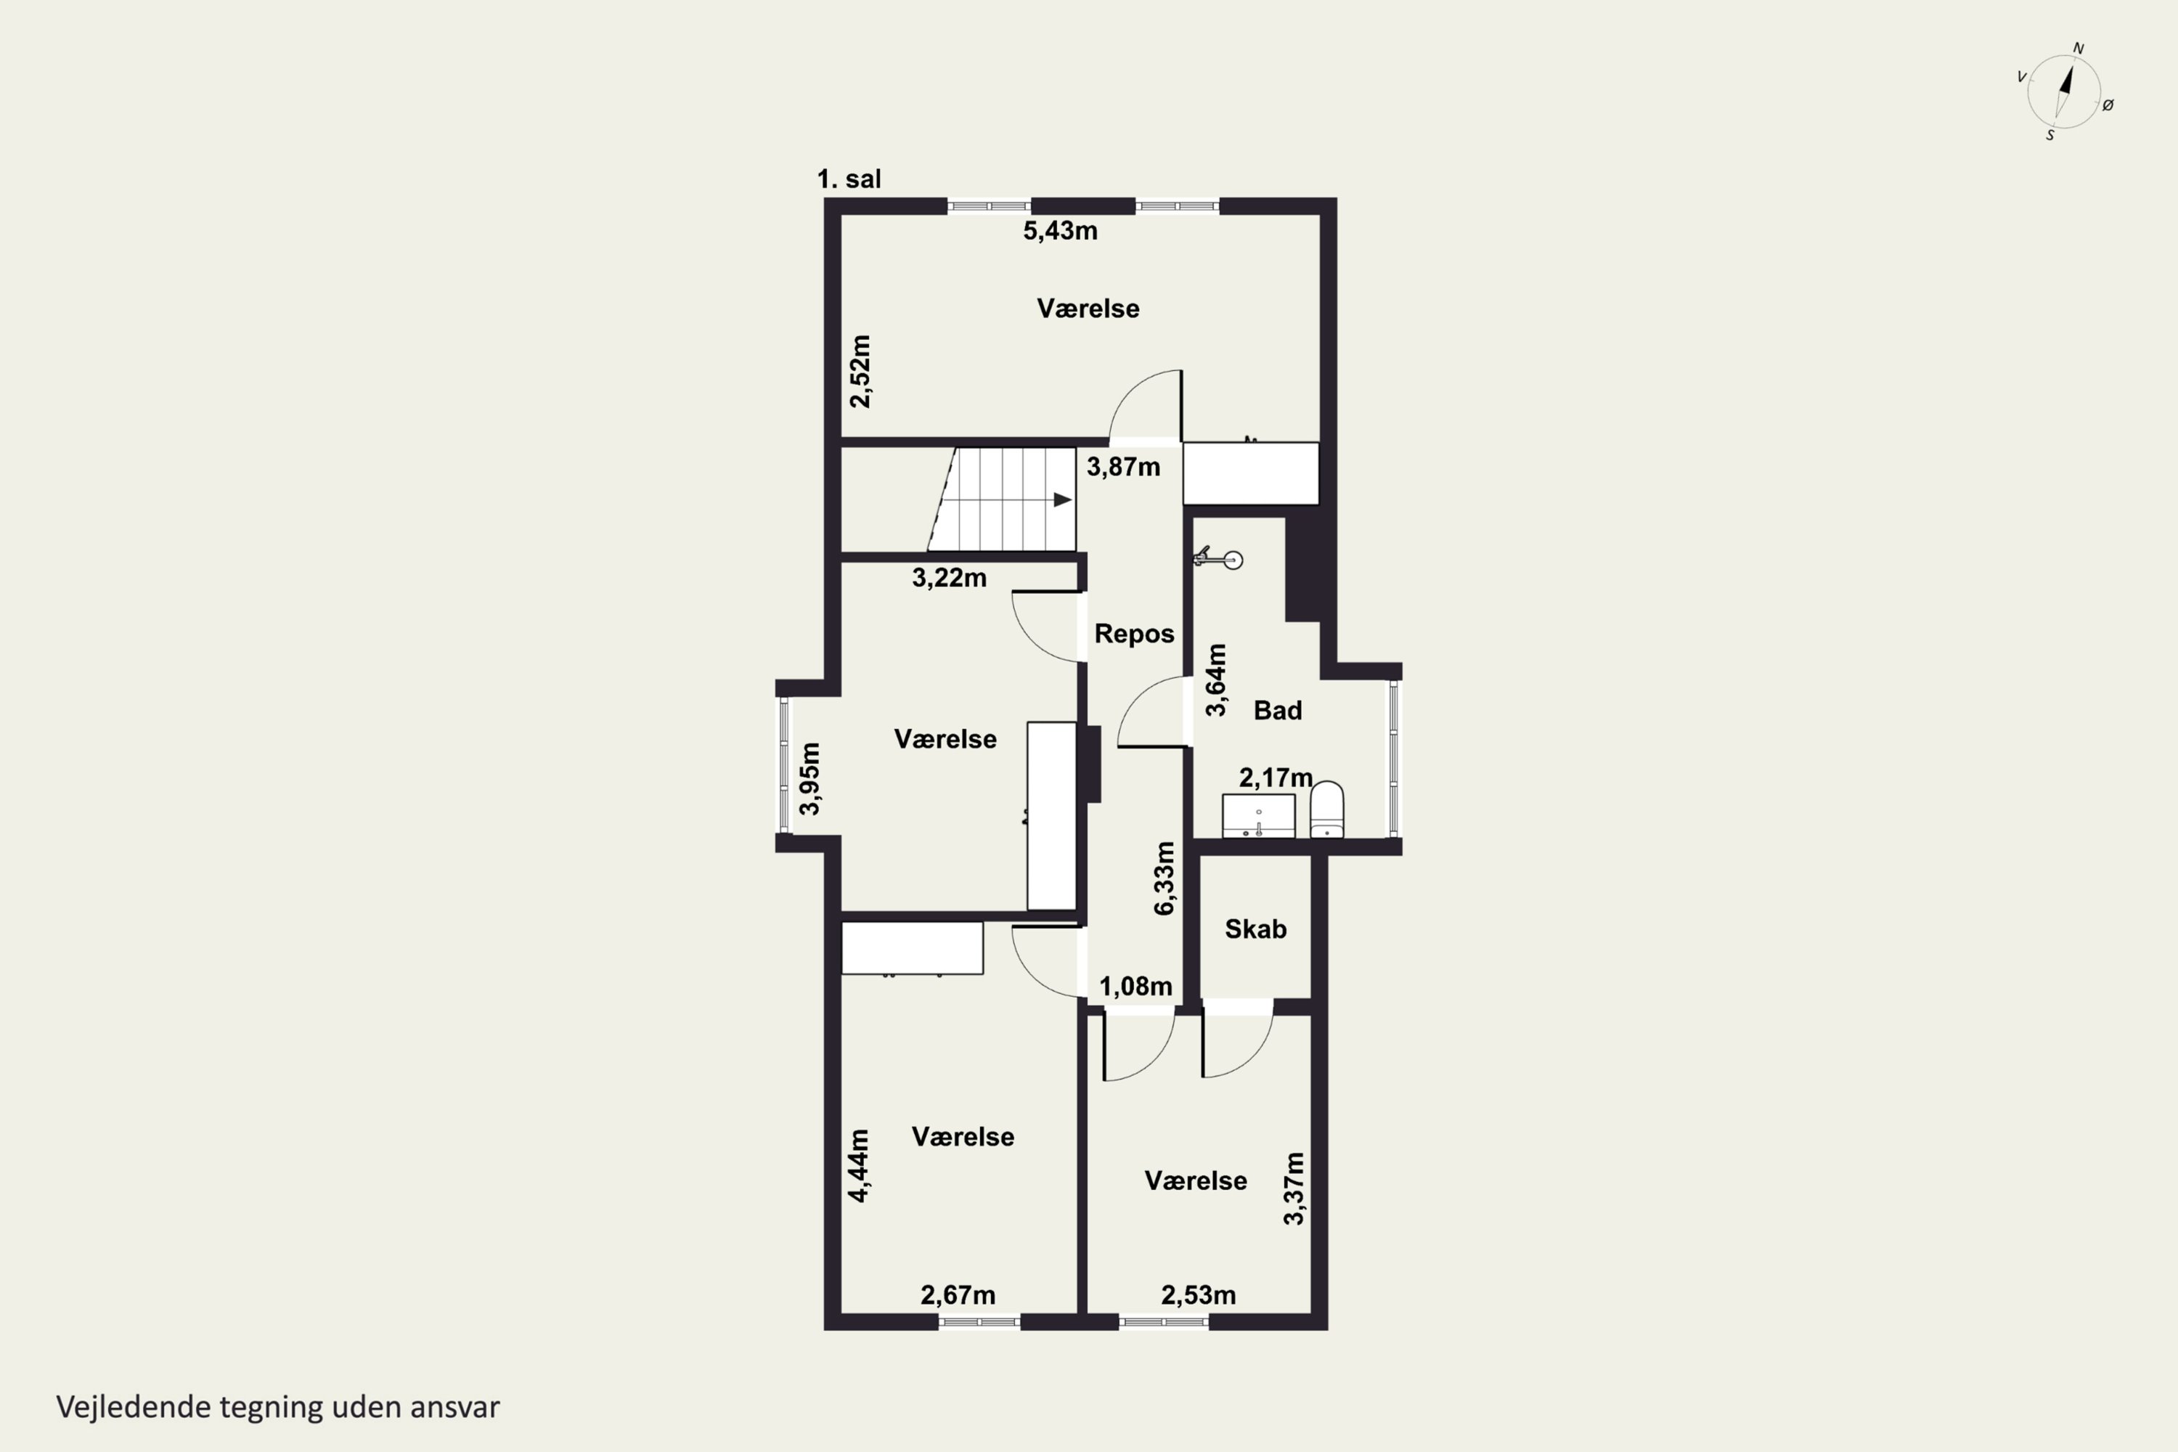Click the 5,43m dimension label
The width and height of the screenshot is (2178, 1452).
point(1060,231)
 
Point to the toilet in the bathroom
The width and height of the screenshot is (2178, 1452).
point(1327,809)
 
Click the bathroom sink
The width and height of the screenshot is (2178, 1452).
point(1258,816)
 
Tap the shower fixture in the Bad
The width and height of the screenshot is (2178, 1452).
point(1218,558)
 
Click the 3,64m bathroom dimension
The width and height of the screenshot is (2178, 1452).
point(1216,680)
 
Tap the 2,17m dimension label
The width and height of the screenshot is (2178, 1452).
point(1276,778)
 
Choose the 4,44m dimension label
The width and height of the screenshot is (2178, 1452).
point(860,1166)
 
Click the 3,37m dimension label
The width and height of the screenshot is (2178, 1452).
point(1294,1189)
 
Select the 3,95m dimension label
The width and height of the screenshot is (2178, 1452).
point(810,779)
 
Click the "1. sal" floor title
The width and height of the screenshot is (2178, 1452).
point(849,179)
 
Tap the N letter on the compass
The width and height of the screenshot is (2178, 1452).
point(2078,48)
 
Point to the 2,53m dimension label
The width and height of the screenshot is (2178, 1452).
point(1199,1295)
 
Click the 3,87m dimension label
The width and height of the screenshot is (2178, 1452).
point(1123,467)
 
